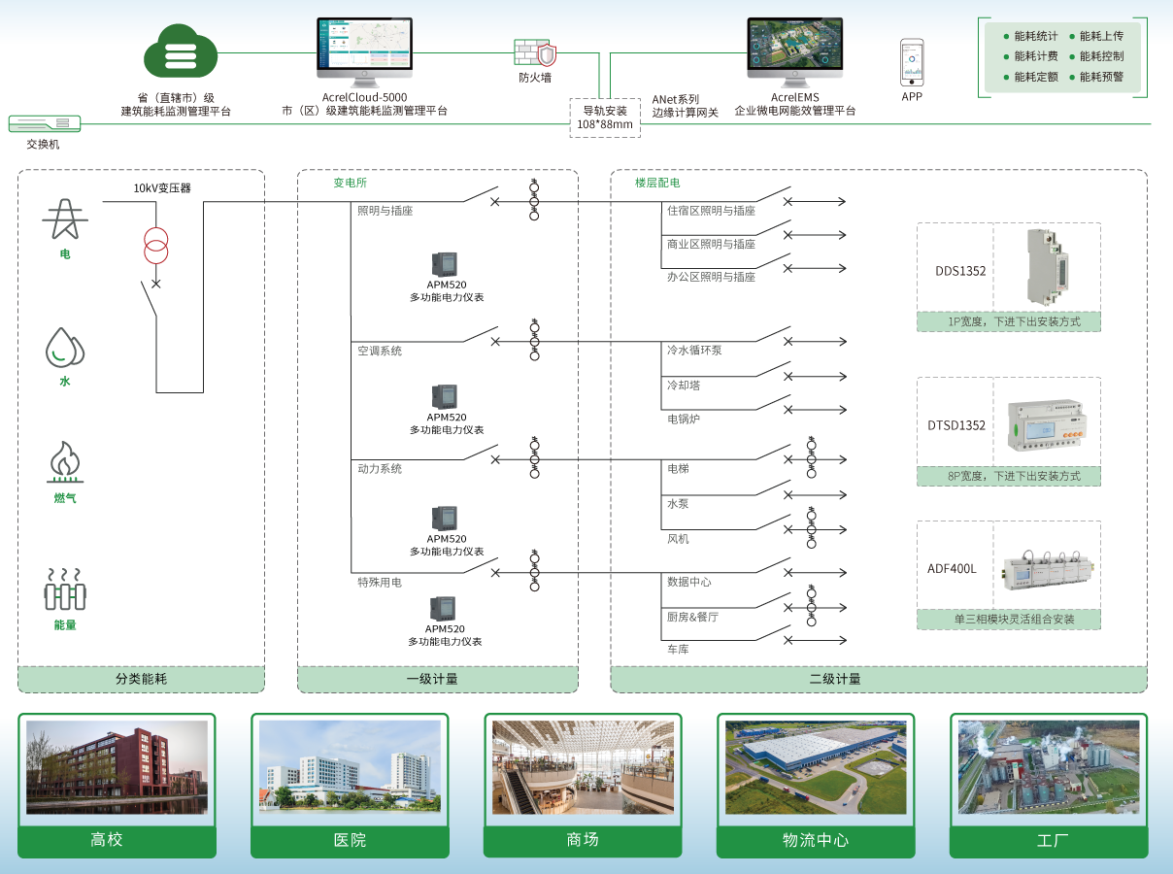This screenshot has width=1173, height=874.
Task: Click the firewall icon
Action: pos(535,52)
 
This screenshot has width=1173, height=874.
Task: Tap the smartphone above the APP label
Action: pos(912,62)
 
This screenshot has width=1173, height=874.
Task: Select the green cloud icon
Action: pos(181,53)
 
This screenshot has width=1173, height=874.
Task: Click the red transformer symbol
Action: pos(155,246)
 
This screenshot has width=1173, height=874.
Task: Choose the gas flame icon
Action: pos(65,462)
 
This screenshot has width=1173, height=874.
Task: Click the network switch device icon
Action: pos(45,123)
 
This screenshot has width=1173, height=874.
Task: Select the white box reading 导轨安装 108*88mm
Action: pos(604,118)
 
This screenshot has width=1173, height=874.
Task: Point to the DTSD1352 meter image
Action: pos(1047,423)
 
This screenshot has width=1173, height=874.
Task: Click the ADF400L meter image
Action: pos(1046,568)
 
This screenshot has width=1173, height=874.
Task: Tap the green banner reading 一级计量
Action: pos(437,679)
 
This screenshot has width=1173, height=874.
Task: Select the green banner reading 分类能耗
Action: pos(141,679)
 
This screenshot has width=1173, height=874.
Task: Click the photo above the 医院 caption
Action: pos(350,767)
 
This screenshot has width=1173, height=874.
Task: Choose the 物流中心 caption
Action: pos(816,840)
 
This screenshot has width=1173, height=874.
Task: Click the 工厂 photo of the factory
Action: pos(1049,767)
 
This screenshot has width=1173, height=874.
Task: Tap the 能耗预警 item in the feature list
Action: pos(1101,77)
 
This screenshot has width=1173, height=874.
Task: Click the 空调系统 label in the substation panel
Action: pos(380,351)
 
